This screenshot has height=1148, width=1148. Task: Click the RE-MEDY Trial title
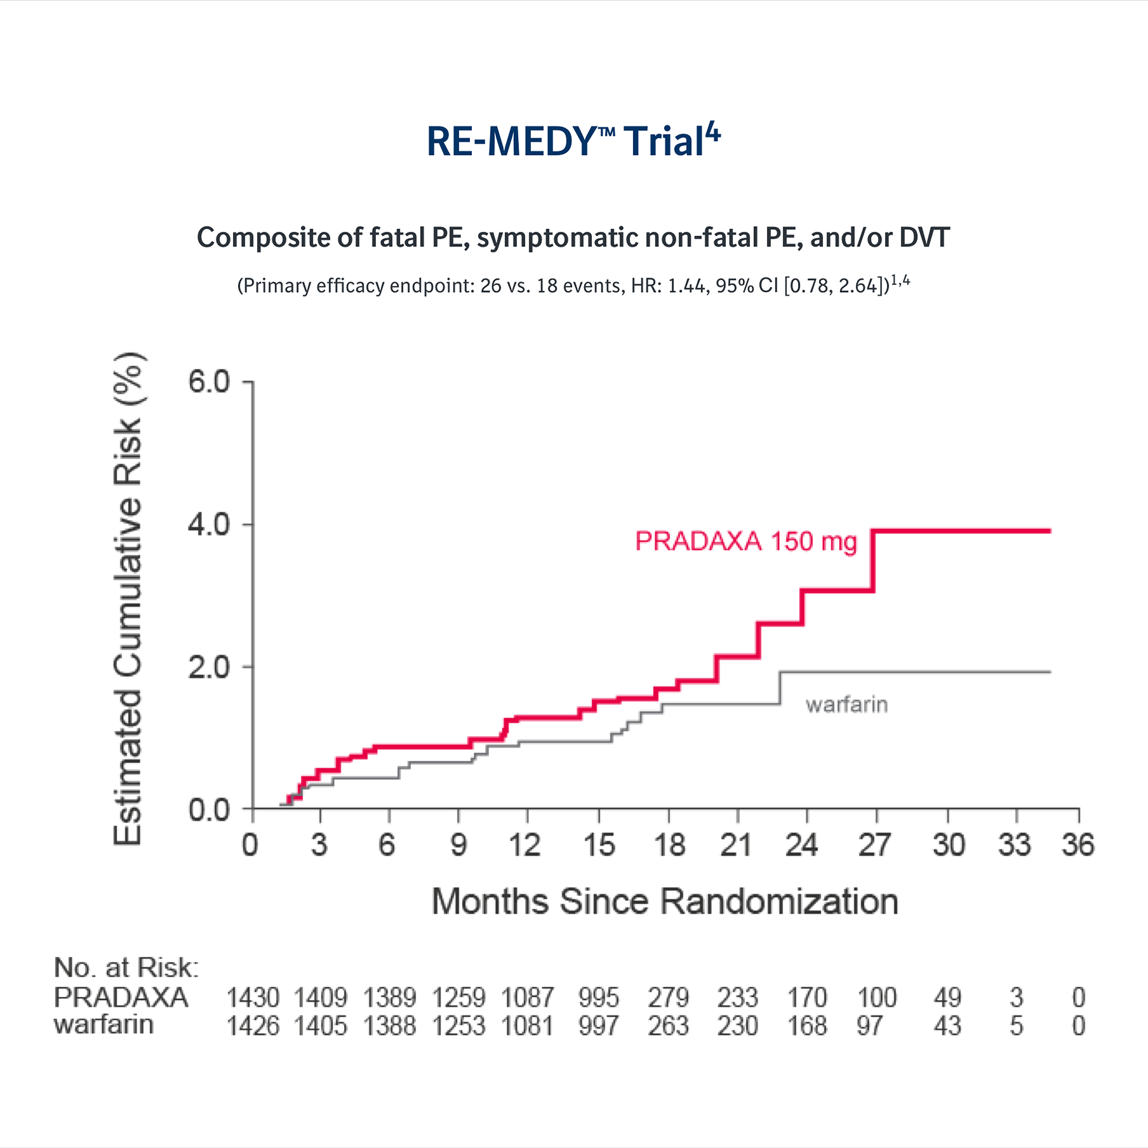[573, 141]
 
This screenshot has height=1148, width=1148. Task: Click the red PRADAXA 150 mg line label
[745, 542]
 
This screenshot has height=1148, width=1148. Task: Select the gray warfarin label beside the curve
[846, 705]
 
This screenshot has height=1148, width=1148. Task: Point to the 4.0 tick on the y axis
[208, 525]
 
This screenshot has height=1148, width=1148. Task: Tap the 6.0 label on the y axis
[208, 382]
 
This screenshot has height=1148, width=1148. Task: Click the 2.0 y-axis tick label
[208, 667]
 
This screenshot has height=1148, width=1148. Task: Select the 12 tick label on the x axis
[524, 845]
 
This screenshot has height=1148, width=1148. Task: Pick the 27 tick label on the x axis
[874, 845]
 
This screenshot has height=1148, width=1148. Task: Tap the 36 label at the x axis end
[1078, 845]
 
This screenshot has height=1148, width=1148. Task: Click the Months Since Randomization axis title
[665, 902]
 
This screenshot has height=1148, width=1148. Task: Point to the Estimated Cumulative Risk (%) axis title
[128, 598]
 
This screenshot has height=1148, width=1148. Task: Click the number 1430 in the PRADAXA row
[253, 998]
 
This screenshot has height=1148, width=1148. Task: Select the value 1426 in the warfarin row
[253, 1026]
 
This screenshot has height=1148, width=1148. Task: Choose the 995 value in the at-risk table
[598, 998]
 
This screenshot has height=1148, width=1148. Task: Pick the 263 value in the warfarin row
[668, 1026]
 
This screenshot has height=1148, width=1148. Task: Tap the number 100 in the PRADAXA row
[877, 998]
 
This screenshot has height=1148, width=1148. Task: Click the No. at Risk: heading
[126, 968]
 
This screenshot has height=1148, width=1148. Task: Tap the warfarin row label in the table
[103, 1025]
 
